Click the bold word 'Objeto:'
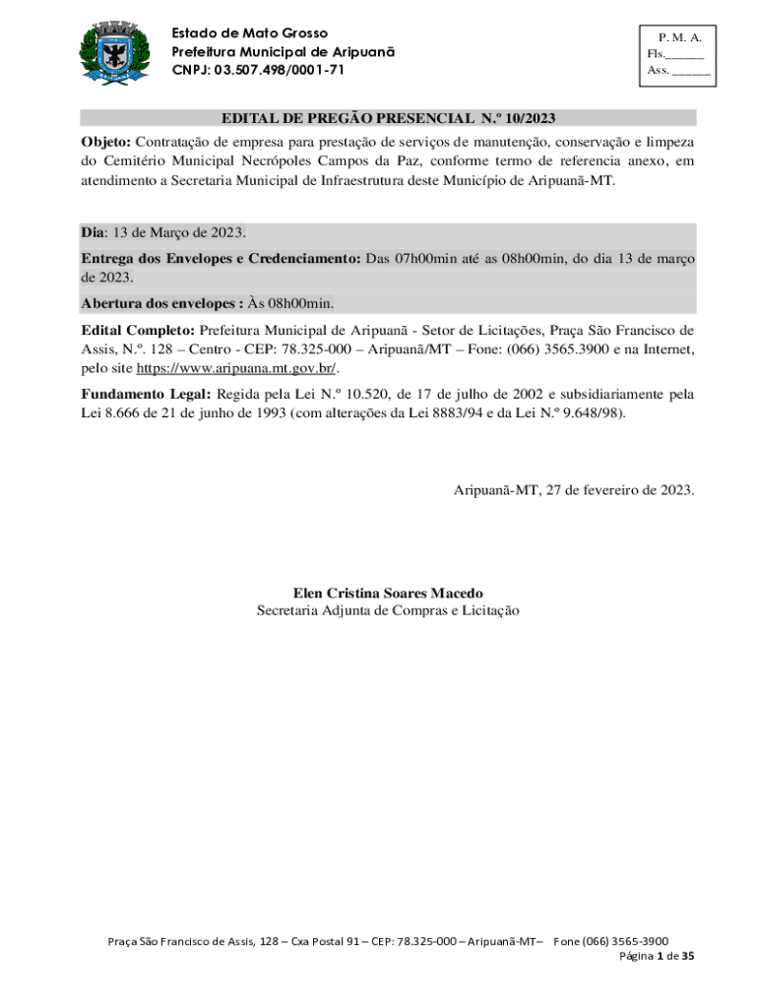[105, 141]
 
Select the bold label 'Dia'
[93, 232]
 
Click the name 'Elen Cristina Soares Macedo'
[388, 593]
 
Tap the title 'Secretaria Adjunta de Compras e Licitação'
[388, 610]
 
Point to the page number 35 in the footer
[688, 956]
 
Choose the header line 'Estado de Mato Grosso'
[250, 33]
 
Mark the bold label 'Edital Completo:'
[138, 330]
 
